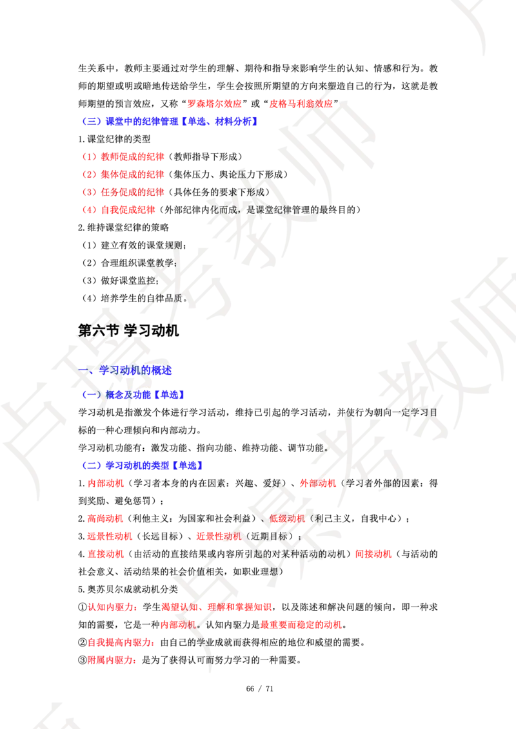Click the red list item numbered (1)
coord(123,156)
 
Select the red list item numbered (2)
coord(123,174)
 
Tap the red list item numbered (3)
coord(123,191)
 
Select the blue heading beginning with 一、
coord(126,370)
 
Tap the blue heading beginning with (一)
coord(134,394)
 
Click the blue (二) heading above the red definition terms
coord(144,465)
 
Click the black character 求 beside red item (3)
coord(231,191)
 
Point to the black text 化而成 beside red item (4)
coord(219,209)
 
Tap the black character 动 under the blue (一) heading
coord(99,412)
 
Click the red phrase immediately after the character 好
coord(319,483)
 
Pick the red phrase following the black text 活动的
coord(374,554)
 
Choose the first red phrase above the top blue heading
coord(214,103)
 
